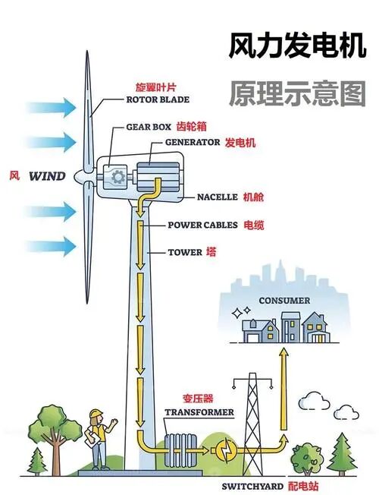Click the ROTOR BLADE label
coord(158,99)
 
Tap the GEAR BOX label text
coord(149,127)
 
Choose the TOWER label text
coord(185,252)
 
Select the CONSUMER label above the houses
coord(284,301)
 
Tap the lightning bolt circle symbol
coord(226,448)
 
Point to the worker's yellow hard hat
coord(96,414)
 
